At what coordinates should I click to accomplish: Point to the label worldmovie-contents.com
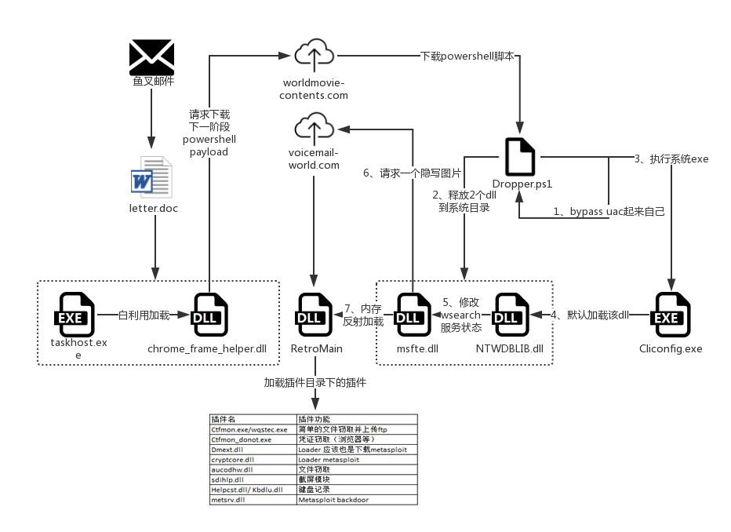tap(315, 89)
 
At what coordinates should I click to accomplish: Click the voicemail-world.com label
tap(314, 159)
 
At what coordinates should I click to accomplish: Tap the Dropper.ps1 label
tap(522, 184)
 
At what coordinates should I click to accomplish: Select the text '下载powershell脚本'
tap(467, 56)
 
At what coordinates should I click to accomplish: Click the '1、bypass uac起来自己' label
tap(609, 211)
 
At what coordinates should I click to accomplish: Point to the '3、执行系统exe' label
tap(671, 159)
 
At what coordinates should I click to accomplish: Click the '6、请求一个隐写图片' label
tap(412, 173)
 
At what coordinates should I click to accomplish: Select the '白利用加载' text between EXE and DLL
tap(144, 315)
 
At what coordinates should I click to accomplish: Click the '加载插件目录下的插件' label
tap(315, 383)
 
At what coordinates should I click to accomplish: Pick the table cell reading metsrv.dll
tap(228, 499)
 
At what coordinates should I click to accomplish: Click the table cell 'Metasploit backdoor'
tap(333, 499)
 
